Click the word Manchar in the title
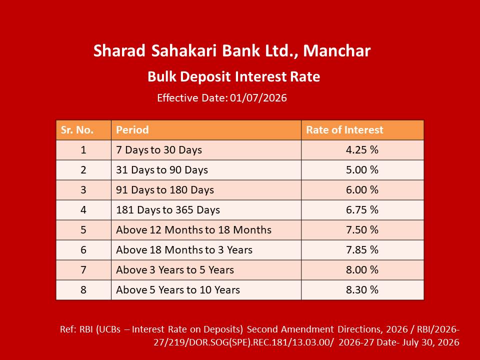336,51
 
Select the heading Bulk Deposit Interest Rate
234,77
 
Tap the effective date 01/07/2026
258,98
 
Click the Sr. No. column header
77,130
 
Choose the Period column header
132,130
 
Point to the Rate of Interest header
344,130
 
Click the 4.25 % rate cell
362,150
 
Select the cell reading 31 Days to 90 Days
162,170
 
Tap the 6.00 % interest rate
362,190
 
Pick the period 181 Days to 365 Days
168,210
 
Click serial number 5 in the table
83,230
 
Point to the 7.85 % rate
362,250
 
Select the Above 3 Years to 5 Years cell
175,270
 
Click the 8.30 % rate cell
362,290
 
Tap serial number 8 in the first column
83,290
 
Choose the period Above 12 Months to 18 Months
194,230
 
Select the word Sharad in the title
119,51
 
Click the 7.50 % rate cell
362,230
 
